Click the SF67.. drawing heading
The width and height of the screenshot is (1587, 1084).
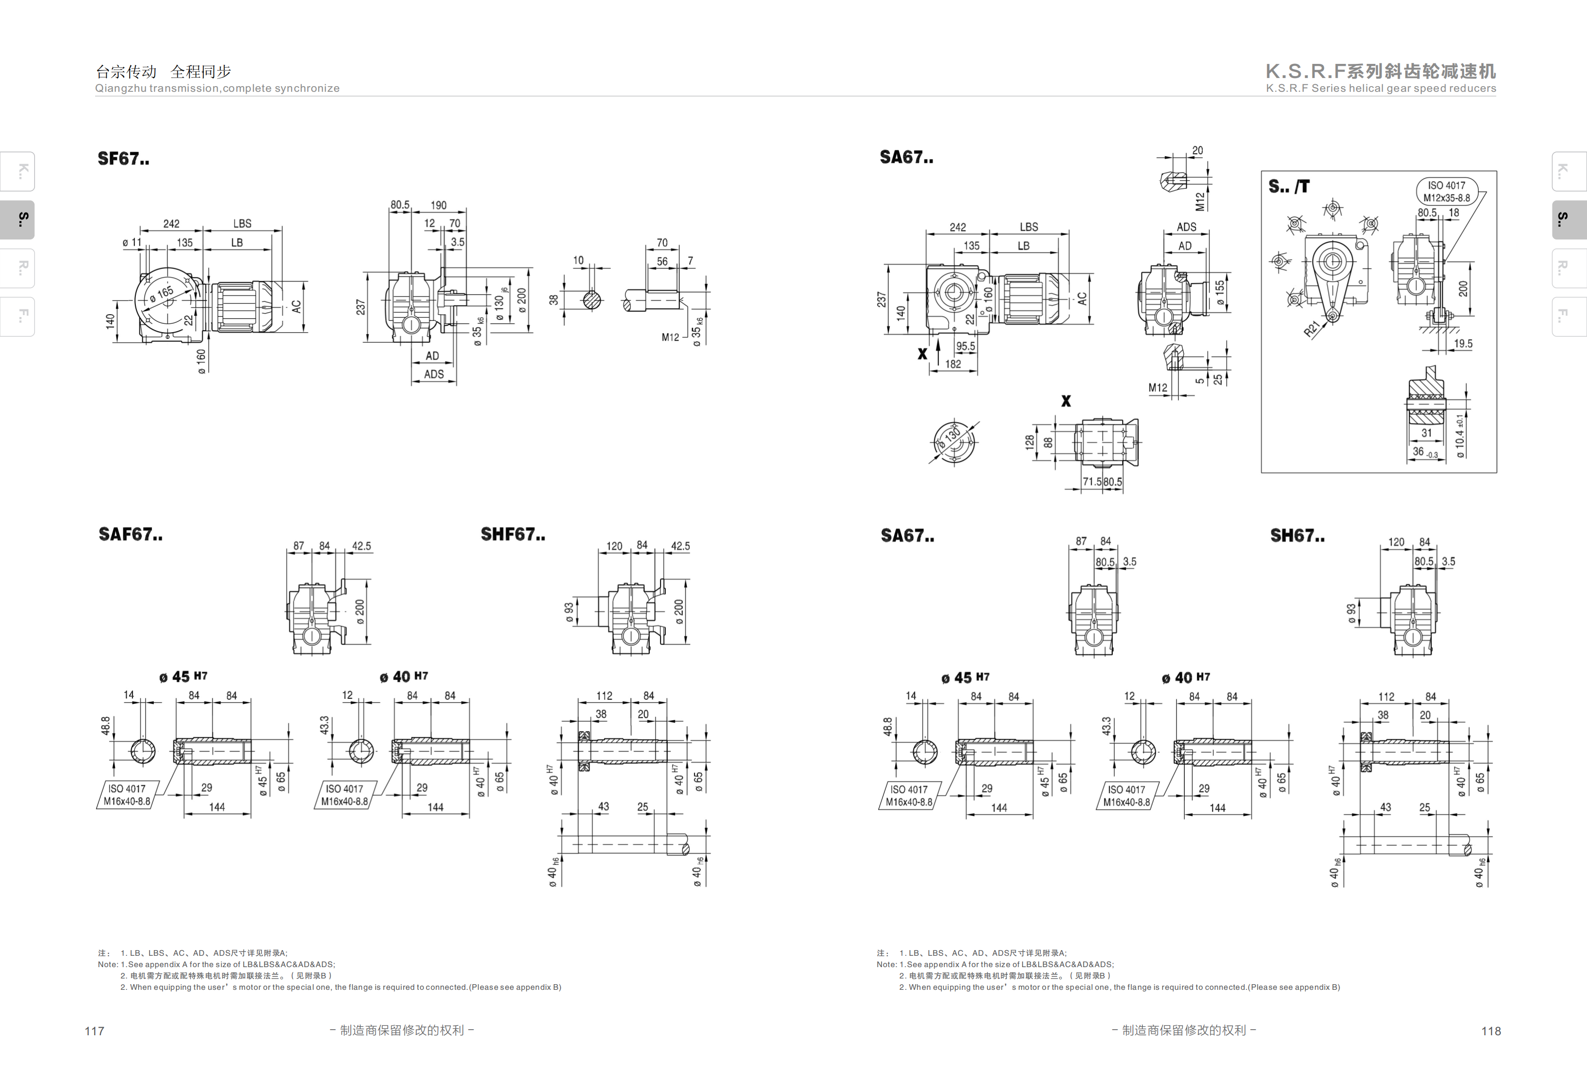coord(123,159)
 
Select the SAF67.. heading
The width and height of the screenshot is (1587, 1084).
coord(131,534)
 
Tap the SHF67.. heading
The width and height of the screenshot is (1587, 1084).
coord(513,534)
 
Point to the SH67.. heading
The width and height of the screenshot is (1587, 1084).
coord(1297,536)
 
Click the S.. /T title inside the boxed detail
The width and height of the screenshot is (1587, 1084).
coord(1288,186)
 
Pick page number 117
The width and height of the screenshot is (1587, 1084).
coord(94,1031)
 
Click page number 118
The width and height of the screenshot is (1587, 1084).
coord(1491,1031)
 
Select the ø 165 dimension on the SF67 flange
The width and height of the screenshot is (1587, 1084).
coord(162,294)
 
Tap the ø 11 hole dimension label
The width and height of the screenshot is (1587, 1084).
coord(132,242)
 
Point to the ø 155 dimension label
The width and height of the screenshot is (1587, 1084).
coord(1220,292)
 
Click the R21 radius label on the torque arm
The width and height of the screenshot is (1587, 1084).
coord(1312,329)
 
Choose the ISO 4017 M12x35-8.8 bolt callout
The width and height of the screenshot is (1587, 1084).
coord(1446,191)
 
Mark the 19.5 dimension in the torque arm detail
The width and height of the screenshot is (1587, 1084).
coord(1463,344)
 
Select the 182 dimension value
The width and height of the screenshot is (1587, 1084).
coord(953,364)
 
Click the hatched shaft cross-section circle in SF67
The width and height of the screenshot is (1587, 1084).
coord(592,300)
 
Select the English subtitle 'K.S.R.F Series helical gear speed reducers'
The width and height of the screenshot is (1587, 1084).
coord(1381,88)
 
